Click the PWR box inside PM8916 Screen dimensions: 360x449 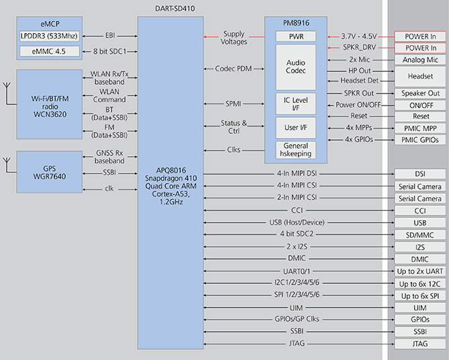296,36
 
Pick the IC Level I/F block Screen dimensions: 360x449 296,104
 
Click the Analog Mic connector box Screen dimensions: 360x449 420,60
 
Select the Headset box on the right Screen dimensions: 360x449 420,77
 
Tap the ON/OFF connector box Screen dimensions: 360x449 420,105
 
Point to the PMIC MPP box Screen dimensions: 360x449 420,128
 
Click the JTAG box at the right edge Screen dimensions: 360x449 420,344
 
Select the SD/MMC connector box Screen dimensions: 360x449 420,235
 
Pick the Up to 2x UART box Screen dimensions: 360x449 420,271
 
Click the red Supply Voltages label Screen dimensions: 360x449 233,38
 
